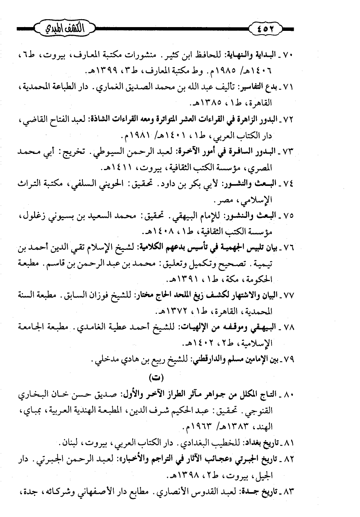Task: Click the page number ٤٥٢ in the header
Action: [x=266, y=29]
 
